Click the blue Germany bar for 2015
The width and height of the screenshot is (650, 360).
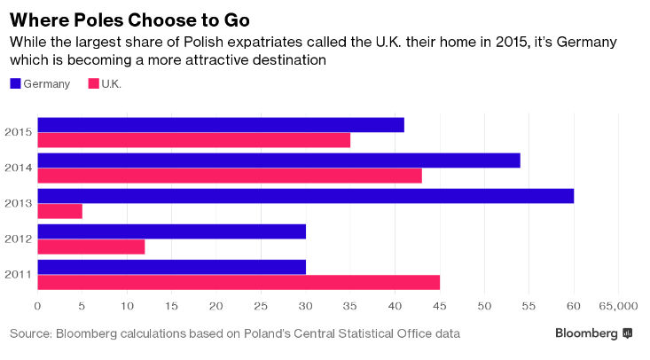tap(221, 125)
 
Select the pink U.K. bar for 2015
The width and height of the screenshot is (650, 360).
tap(194, 140)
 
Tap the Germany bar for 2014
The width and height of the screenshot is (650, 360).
tap(279, 160)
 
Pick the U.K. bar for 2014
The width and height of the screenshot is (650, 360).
tap(230, 176)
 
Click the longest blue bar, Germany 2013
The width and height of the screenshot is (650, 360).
tap(306, 196)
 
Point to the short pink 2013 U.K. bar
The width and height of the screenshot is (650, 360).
tap(60, 212)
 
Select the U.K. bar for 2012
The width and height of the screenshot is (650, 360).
tap(91, 247)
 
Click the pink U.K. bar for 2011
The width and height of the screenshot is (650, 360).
tap(239, 283)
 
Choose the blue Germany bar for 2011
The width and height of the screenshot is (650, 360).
tap(172, 267)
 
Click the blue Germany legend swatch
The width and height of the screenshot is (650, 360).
tap(15, 83)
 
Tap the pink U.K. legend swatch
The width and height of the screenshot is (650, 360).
tap(94, 83)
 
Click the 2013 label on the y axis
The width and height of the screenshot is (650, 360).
tap(19, 203)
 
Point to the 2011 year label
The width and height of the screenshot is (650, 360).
tap(19, 275)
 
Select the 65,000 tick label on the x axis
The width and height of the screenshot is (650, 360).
tap(618, 306)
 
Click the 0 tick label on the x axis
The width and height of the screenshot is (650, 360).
tap(38, 306)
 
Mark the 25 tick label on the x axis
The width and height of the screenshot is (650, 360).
tap(261, 306)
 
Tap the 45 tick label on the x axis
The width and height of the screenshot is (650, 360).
tap(440, 306)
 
